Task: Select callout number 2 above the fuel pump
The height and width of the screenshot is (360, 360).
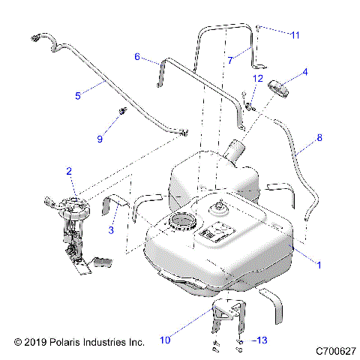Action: click(69, 172)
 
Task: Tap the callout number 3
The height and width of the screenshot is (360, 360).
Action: click(110, 231)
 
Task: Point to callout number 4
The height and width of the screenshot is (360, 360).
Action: click(305, 73)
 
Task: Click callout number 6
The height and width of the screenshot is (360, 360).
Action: click(137, 56)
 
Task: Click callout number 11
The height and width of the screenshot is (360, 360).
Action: click(295, 34)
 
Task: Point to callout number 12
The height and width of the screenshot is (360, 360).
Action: click(257, 78)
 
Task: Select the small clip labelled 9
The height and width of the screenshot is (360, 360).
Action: click(119, 112)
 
